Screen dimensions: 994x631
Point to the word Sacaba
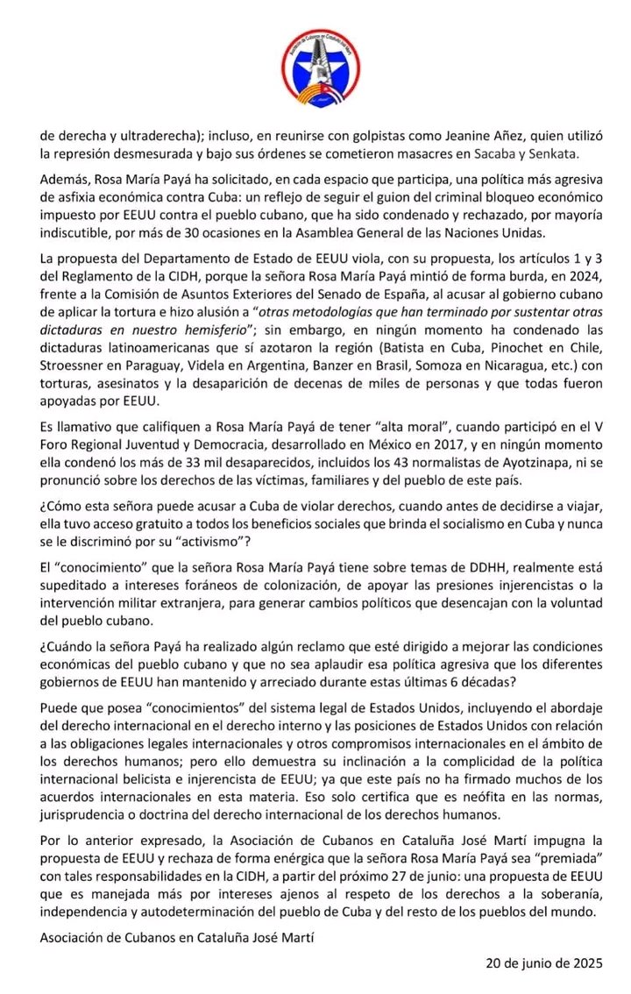tap(483, 153)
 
